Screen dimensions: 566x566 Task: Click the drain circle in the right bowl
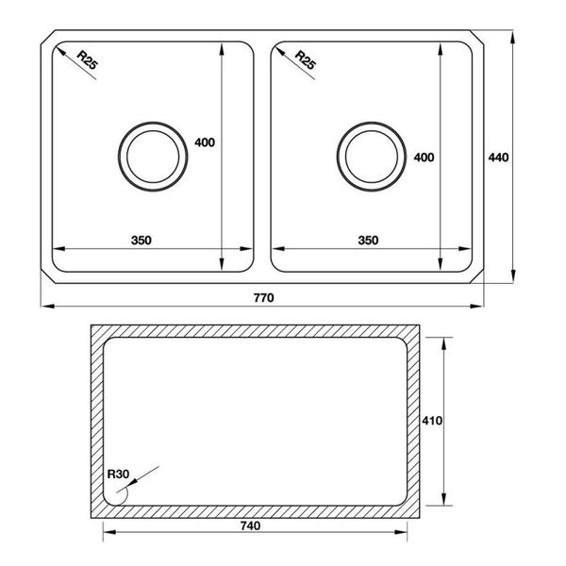tap(369, 154)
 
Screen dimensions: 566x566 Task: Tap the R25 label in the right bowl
tap(304, 59)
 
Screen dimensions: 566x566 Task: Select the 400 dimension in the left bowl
tap(205, 142)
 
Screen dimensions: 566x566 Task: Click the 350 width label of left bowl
tap(141, 241)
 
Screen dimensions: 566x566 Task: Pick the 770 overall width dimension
tap(263, 298)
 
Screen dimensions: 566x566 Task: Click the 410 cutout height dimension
tap(432, 421)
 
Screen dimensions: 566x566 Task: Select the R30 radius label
tap(118, 474)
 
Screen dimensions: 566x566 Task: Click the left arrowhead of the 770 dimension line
tap(46, 307)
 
